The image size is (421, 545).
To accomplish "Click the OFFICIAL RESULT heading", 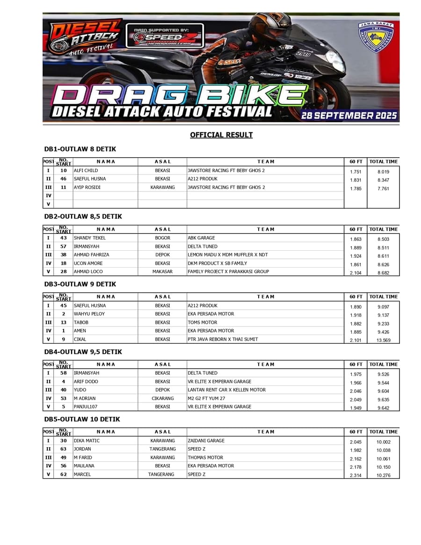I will click(221, 135).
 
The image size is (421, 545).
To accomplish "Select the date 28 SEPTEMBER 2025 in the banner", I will click(349, 115).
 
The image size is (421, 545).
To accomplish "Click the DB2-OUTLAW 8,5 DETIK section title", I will click(83, 217).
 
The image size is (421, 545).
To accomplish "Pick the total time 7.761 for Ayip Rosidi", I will click(383, 189).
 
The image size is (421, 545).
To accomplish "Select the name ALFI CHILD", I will click(86, 170).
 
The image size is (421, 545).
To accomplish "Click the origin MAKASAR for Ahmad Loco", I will click(162, 271).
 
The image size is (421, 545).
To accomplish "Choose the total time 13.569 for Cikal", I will click(383, 341).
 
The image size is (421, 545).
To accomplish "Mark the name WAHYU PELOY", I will click(89, 314).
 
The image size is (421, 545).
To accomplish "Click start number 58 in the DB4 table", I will click(64, 373).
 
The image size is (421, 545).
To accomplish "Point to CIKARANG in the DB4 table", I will click(162, 399).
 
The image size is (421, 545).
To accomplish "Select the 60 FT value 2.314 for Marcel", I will click(356, 475).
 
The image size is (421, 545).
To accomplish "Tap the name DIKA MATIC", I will click(87, 441).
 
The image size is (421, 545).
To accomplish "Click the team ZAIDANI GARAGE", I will click(206, 441).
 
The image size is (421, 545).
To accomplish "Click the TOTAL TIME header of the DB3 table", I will click(383, 297).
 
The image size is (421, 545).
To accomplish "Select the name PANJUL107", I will click(86, 407).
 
